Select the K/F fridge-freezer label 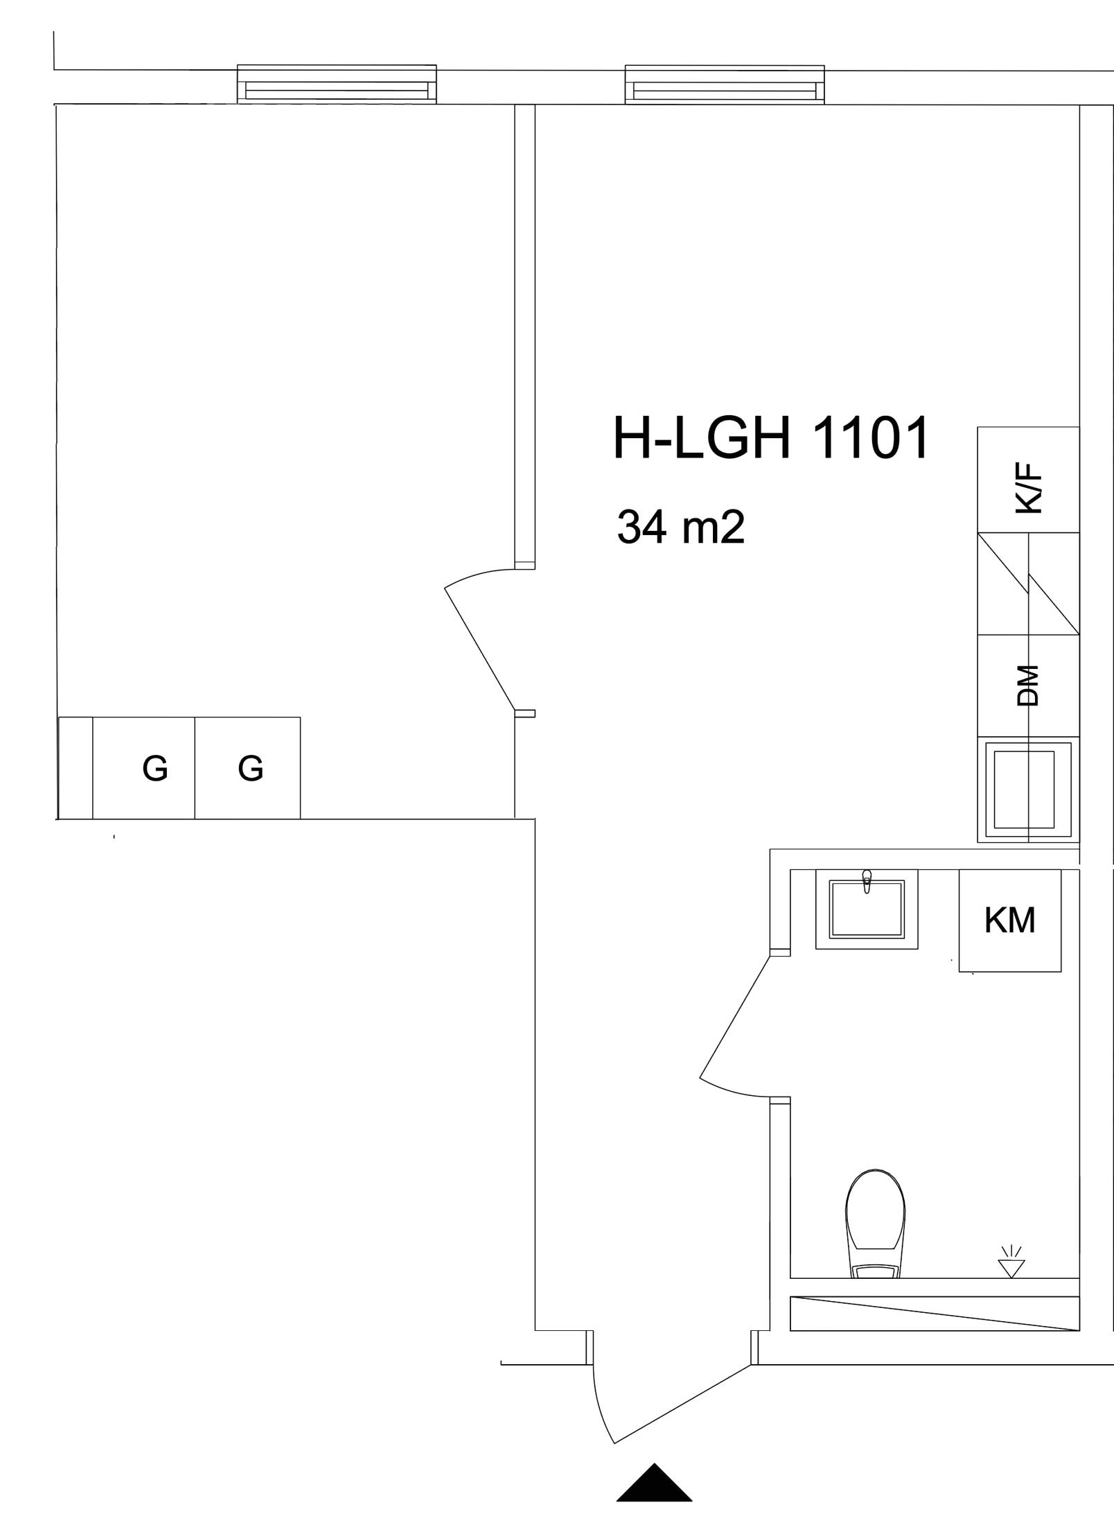(x=1028, y=489)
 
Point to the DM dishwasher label (x=1028, y=685)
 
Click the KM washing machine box (x=1009, y=920)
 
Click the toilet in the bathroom (x=875, y=1223)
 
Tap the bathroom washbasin (x=867, y=909)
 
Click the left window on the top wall (x=337, y=85)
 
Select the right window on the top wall (x=725, y=85)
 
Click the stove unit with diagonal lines (x=1028, y=584)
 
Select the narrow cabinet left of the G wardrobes (x=76, y=768)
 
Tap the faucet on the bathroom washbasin (x=867, y=880)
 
